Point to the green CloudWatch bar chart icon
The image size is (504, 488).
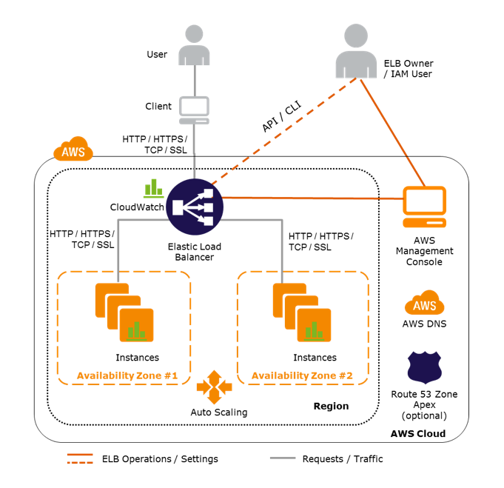tap(154, 187)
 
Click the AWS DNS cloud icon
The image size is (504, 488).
tap(425, 303)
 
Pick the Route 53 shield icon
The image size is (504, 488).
tap(425, 367)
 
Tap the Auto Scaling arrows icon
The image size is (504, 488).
tap(215, 386)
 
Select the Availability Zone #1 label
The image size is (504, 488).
tap(128, 375)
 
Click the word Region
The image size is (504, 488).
tap(330, 407)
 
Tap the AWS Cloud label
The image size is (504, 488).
tap(419, 433)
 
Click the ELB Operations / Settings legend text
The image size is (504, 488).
tap(160, 459)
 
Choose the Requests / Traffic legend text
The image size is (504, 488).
tap(343, 459)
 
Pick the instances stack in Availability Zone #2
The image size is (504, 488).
tap(302, 309)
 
